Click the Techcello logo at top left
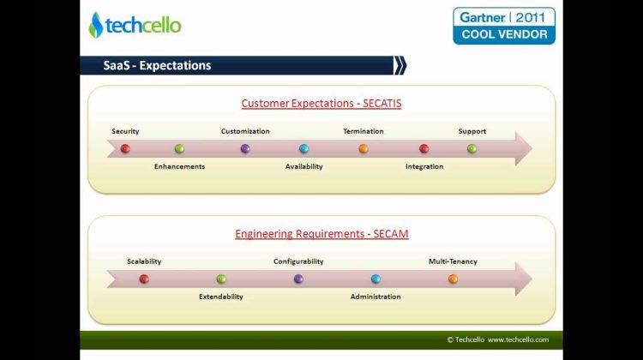coord(135,25)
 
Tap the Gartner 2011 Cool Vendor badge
coord(504,26)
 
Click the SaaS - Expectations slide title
coord(157,66)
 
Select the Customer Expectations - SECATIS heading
coord(321,104)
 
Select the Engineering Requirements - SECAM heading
coord(321,234)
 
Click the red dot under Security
coord(125,148)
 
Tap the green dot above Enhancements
coord(179,148)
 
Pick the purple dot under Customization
coord(245,148)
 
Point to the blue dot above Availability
coord(303,148)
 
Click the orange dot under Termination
coord(364,148)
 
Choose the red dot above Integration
coord(424,148)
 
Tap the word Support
coord(472,131)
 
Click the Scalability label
coord(144,261)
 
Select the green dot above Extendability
coord(221,279)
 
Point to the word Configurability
coord(298,261)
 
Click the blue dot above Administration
coord(376,279)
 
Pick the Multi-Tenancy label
coord(453,261)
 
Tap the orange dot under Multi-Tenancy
coord(454,279)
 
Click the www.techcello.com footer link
coord(518,339)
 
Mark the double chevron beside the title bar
coord(400,66)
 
